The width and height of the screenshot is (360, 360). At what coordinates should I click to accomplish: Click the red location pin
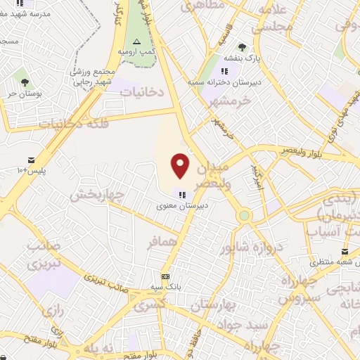181,165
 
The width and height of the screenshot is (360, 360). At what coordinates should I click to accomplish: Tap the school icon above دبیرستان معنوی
181,195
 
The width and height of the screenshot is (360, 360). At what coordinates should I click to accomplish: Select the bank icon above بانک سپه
165,276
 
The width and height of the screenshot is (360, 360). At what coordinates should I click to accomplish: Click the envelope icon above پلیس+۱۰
31,161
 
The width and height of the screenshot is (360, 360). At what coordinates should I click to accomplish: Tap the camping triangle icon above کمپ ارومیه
137,43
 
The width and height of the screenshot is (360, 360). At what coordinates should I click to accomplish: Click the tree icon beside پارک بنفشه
243,47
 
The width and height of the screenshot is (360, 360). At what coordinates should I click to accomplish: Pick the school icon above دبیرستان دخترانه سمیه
224,71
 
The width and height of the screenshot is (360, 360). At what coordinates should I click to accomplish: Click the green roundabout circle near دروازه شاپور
245,215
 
